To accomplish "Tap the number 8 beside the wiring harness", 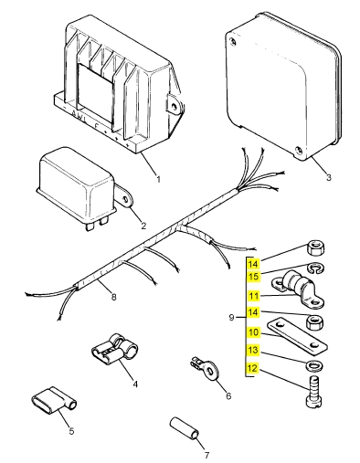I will (112, 296).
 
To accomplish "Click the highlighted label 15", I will (254, 277).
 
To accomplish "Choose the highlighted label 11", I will (254, 297).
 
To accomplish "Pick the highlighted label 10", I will (254, 332).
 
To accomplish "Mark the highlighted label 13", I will (254, 352).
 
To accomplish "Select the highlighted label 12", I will (254, 369).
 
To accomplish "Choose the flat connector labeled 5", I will (51, 400).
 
